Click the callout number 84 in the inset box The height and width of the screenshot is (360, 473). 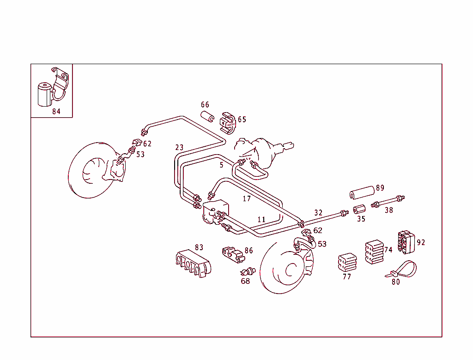(56, 111)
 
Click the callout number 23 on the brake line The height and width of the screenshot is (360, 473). (179, 148)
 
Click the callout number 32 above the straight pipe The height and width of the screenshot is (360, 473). (318, 213)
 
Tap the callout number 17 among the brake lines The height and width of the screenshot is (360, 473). (247, 198)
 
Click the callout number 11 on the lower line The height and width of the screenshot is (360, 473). (261, 220)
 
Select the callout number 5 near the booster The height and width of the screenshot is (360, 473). (221, 165)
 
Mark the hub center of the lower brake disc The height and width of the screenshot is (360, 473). (291, 270)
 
